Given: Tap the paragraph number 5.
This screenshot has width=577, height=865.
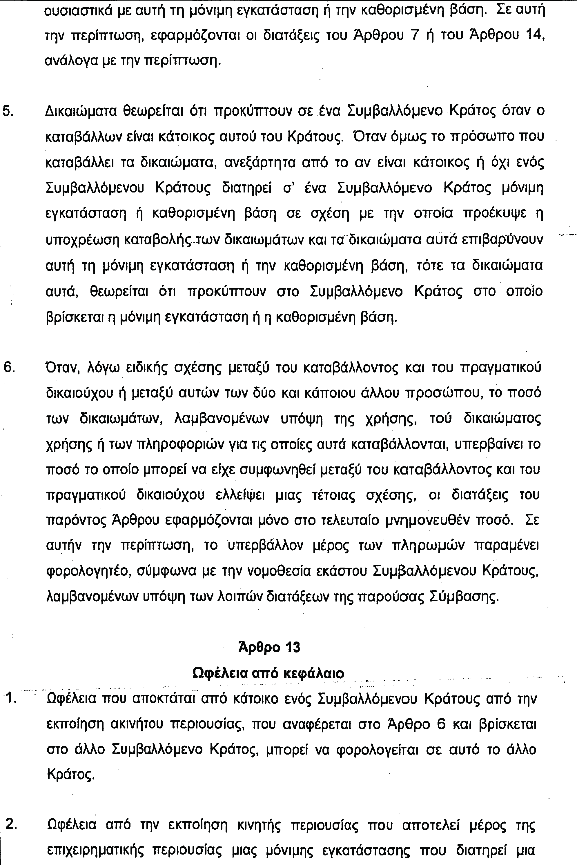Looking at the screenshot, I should (x=8, y=111).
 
